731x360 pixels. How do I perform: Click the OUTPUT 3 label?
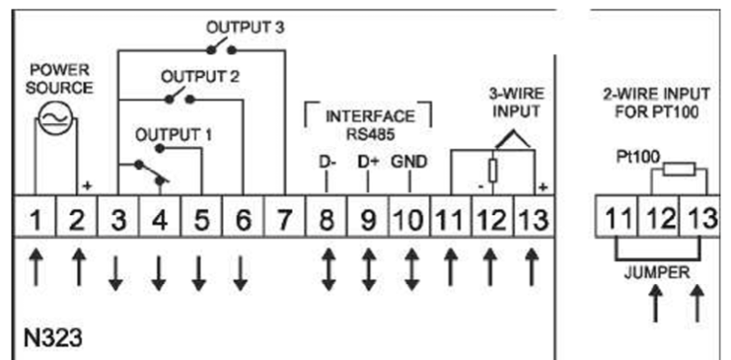[245, 27]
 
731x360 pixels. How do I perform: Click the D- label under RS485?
[327, 163]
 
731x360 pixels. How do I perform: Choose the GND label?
[409, 163]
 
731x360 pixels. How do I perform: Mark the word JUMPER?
[657, 273]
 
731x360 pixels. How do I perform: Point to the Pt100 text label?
[633, 156]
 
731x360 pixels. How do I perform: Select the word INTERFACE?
[369, 116]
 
